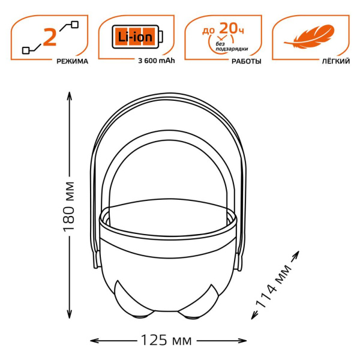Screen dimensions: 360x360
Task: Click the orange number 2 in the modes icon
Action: point(50,37)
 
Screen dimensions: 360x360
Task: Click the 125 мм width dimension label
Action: point(167,341)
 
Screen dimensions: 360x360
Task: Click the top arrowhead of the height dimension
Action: point(68,94)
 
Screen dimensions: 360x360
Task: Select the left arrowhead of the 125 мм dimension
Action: point(94,341)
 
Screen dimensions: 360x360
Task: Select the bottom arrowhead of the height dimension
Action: point(68,316)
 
